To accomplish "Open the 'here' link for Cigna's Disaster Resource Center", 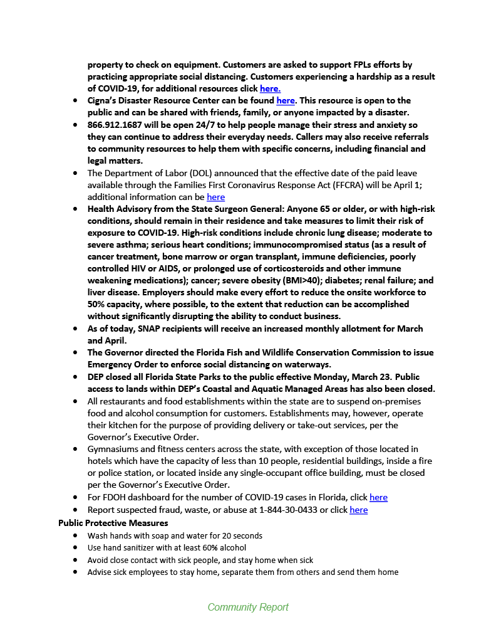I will point(285,100).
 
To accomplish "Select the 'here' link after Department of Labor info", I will point(215,197).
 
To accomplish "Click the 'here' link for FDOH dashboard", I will point(378,498).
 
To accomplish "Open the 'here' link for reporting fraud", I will point(358,510).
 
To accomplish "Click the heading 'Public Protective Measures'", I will point(113,522).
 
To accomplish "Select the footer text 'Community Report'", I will point(248,607).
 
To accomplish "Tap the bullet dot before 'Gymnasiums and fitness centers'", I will point(75,450).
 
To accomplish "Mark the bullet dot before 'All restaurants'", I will point(75,401).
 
